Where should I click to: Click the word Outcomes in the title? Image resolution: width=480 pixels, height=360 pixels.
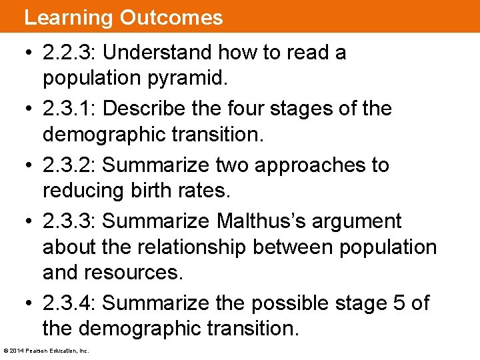(x=171, y=17)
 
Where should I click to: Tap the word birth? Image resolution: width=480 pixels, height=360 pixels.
(x=151, y=191)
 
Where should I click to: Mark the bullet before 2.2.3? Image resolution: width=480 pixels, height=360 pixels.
(x=30, y=53)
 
